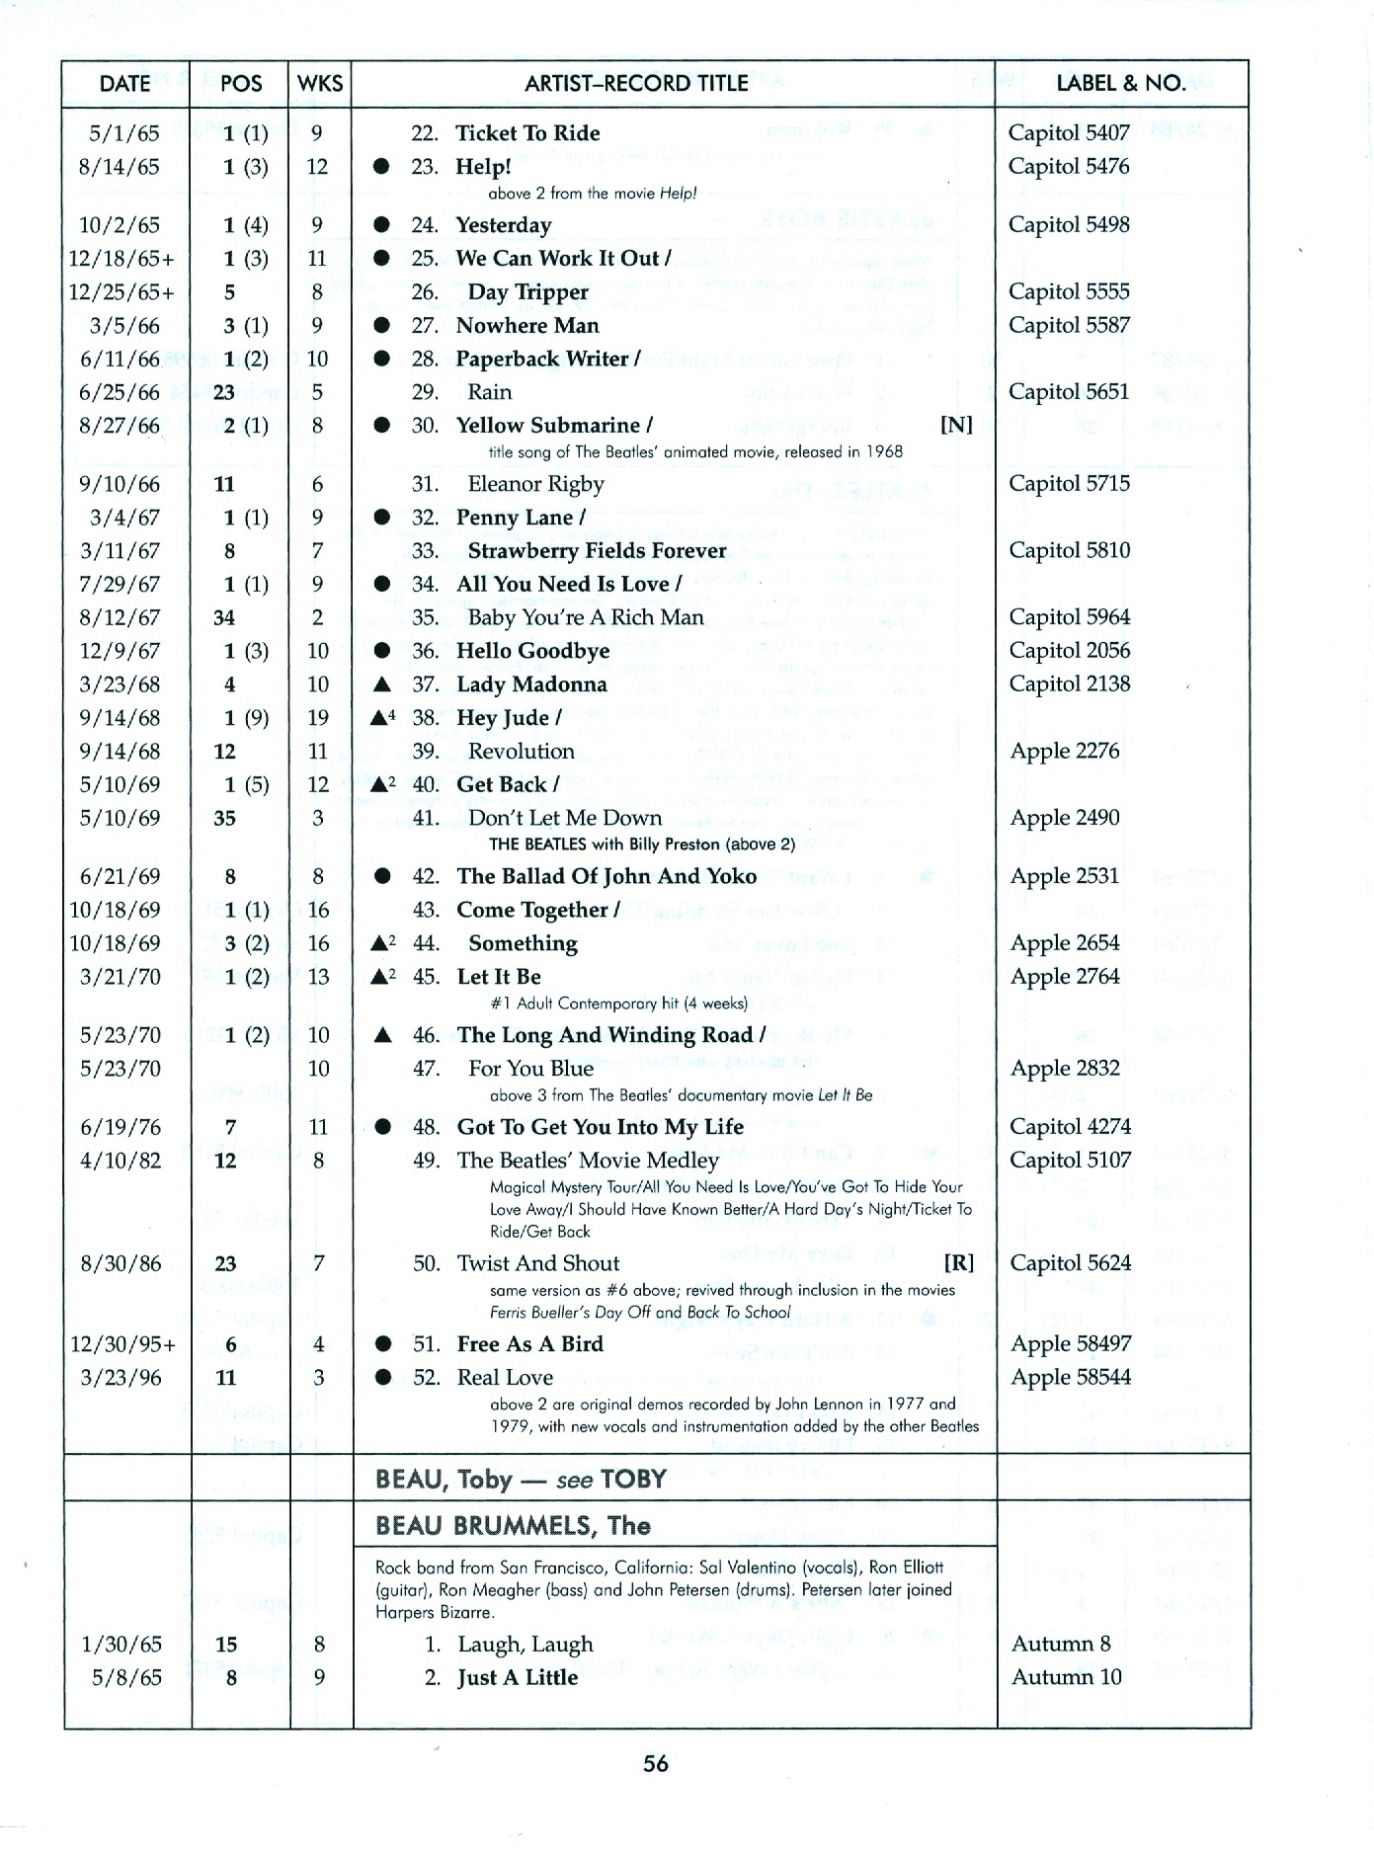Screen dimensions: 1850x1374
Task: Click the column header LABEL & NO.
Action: pos(1121,84)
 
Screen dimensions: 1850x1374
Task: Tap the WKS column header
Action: pos(320,84)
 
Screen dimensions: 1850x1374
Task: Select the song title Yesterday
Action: pos(503,225)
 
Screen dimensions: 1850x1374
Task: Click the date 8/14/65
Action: pos(119,167)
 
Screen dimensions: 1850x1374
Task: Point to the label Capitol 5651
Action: pos(1068,392)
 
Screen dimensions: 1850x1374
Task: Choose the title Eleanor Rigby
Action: pos(535,484)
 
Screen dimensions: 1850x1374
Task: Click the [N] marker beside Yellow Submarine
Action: pos(955,426)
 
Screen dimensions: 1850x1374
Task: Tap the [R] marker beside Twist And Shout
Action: pos(958,1263)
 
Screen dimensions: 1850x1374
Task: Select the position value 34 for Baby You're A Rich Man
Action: pos(224,618)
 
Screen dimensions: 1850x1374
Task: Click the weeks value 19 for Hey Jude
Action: pos(318,718)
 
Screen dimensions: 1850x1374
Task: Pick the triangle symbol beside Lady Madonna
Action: pos(382,684)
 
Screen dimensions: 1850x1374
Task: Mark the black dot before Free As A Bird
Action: pos(382,1344)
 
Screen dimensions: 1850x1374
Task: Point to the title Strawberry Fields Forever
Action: pos(597,551)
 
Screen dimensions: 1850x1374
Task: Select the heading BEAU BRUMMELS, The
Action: pos(513,1526)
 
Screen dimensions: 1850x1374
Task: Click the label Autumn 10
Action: pos(1066,1677)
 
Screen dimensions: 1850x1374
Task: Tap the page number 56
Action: pos(656,1764)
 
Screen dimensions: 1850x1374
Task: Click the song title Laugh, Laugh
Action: pos(525,1645)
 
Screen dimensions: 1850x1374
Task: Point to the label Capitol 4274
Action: pos(1070,1127)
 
